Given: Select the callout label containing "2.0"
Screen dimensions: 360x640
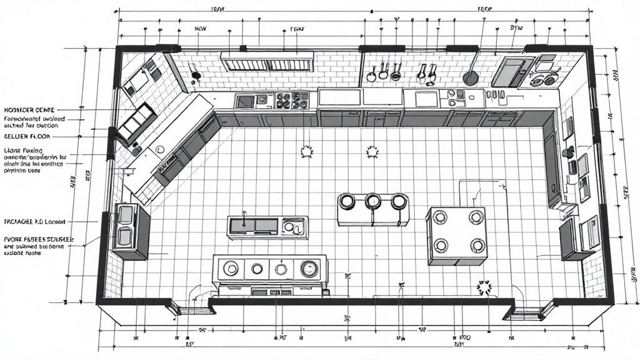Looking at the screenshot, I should tap(35, 222).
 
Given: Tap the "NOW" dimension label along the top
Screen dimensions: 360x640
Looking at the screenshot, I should tap(201, 29).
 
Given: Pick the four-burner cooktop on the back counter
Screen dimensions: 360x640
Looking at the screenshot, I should tap(291, 99).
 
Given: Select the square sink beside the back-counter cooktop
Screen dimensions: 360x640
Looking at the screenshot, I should tap(244, 100).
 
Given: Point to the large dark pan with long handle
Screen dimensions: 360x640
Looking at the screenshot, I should tap(470, 77).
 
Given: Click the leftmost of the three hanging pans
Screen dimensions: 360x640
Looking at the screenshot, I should tap(371, 76).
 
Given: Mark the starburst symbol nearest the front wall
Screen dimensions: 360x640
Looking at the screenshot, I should tap(484, 287).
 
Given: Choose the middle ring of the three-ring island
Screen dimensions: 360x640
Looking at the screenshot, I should tap(373, 201).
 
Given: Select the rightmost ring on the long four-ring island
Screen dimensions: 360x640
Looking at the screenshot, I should tap(308, 269).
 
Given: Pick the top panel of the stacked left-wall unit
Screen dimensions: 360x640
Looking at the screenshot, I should tap(126, 215).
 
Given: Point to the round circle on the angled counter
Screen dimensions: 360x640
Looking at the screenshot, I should tap(160, 150).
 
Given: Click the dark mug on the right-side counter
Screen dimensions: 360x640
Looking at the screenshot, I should tap(569, 151).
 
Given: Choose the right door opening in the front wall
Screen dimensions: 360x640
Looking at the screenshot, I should tap(526, 308).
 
